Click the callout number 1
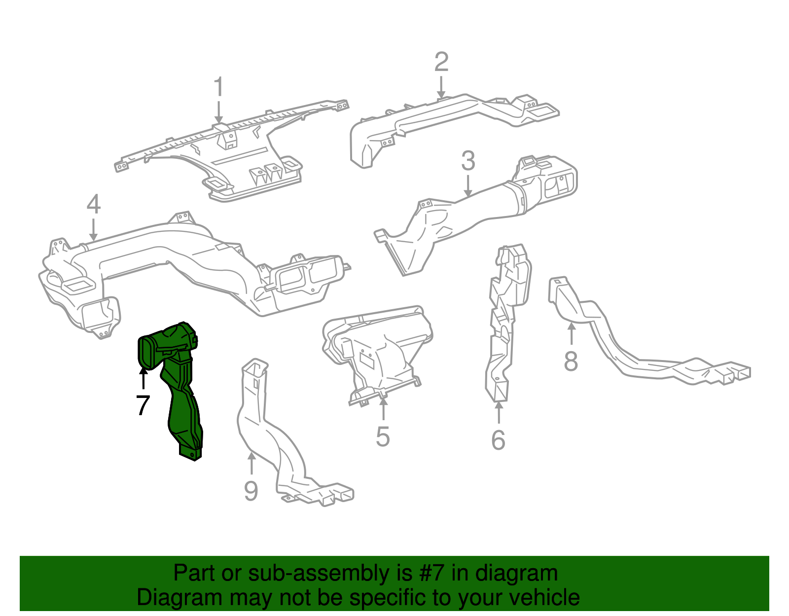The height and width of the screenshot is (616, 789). (218, 88)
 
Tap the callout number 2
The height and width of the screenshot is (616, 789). (441, 63)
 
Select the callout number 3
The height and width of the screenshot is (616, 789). (468, 161)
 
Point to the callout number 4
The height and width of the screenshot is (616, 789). (94, 205)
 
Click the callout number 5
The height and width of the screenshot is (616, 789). (383, 437)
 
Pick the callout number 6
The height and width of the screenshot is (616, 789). (499, 440)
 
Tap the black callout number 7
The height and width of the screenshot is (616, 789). (143, 405)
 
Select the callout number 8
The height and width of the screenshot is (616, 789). (571, 361)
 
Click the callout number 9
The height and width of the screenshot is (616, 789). (251, 491)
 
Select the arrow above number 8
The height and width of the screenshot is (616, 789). (571, 333)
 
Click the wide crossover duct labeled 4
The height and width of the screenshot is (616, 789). (192, 266)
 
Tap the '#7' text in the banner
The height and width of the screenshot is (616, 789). (432, 574)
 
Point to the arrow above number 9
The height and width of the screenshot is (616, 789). (251, 464)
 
